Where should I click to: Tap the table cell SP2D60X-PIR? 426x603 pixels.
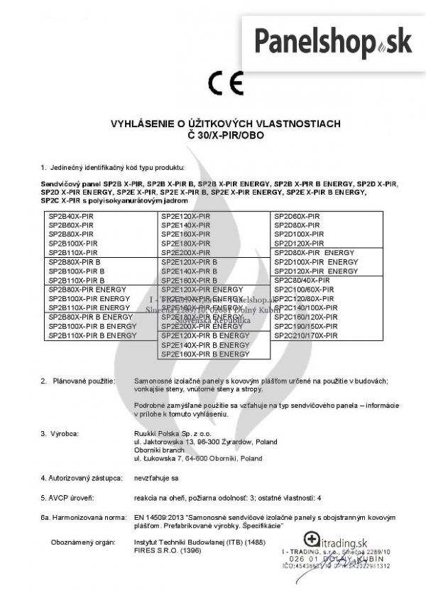pos(297,214)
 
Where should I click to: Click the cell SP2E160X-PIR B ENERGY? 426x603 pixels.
pos(205,354)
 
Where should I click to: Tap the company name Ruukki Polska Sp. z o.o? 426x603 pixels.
pos(170,433)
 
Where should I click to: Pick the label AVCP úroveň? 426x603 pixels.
pos(67,498)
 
